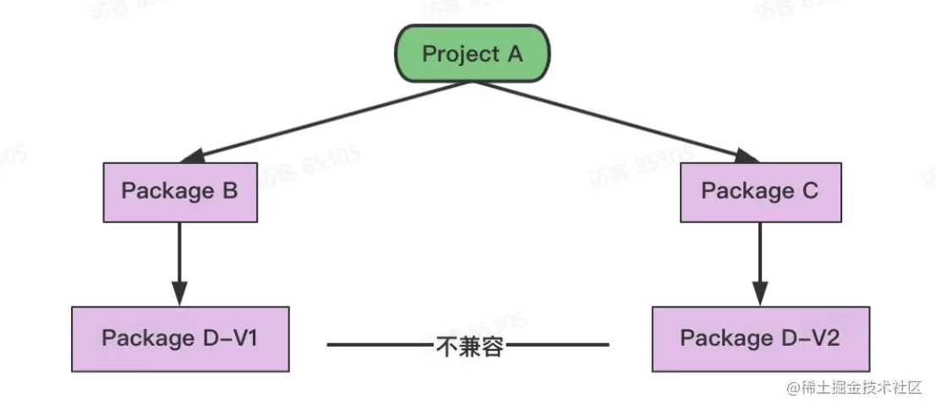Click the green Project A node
pyautogui.click(x=473, y=54)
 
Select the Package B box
pyautogui.click(x=180, y=191)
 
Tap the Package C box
pyautogui.click(x=760, y=191)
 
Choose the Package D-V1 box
pyautogui.click(x=180, y=338)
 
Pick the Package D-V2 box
pyautogui.click(x=759, y=338)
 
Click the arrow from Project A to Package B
pyautogui.click(x=330, y=119)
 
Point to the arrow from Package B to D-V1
pyautogui.click(x=179, y=258)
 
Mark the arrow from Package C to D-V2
pyautogui.click(x=760, y=258)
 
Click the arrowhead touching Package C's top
pyautogui.click(x=747, y=156)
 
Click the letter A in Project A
pyautogui.click(x=514, y=54)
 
